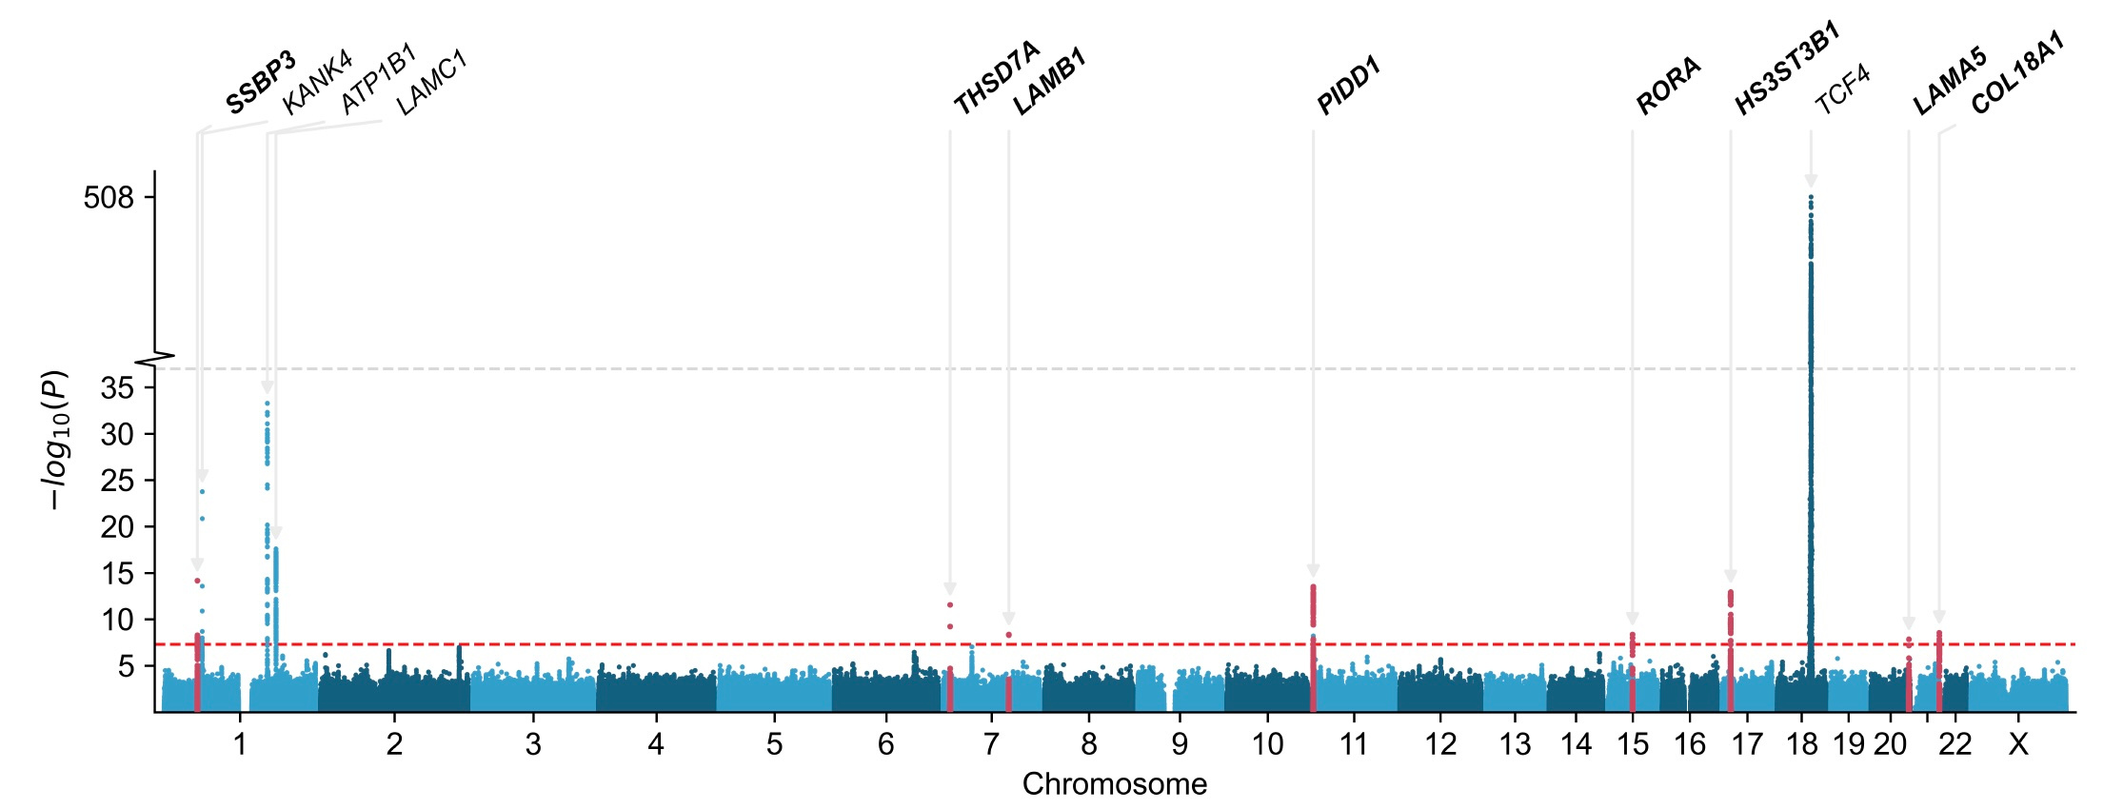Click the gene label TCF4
click(1842, 90)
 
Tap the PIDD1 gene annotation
click(1348, 87)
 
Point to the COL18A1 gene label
click(2017, 73)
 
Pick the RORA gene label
click(1668, 87)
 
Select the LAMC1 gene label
click(431, 84)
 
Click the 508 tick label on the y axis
click(109, 198)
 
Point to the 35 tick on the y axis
click(116, 387)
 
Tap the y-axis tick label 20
click(116, 527)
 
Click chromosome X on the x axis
click(2017, 744)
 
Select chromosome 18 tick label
click(1802, 744)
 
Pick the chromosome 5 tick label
click(774, 744)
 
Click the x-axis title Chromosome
click(1114, 784)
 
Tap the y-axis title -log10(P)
click(55, 440)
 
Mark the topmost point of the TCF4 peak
click(1811, 197)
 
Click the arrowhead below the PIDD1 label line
click(1313, 571)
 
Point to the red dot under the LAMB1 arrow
click(1008, 635)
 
